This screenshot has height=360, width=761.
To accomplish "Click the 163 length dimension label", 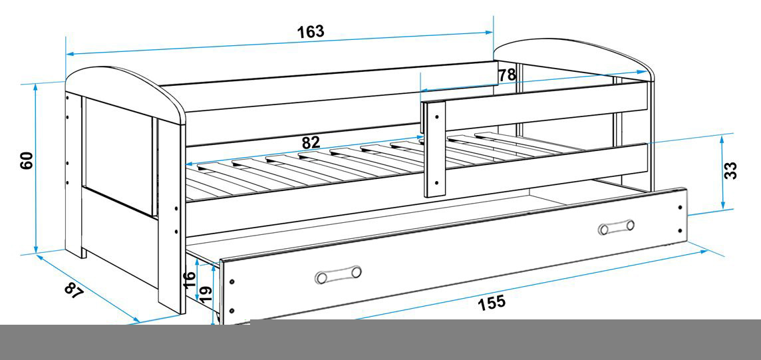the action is tap(311, 31).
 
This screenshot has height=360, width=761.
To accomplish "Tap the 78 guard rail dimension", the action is tap(507, 75).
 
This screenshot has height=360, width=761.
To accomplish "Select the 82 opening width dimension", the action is tap(311, 142).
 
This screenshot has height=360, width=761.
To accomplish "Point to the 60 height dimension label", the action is tap(27, 160).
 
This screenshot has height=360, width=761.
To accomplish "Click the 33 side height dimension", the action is tap(730, 170).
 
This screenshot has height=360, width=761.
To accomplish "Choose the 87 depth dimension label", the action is tap(74, 291).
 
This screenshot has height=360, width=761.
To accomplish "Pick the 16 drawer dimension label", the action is tap(190, 280).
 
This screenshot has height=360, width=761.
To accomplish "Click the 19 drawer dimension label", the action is tap(206, 295).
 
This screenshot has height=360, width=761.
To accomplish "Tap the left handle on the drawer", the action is tap(339, 275).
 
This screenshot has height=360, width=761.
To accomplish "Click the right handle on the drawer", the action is tap(617, 226).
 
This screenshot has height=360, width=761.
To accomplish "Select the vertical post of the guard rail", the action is tap(435, 150).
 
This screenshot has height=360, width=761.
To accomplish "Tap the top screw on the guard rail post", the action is tap(437, 117).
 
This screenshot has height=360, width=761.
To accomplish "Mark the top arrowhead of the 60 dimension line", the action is tap(36, 87).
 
